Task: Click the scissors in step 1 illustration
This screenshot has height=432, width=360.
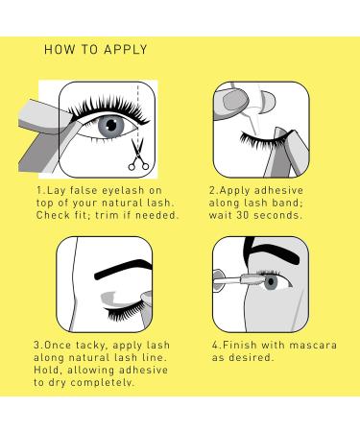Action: [x=138, y=156]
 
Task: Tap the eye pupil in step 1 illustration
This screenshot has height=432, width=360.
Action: [x=111, y=125]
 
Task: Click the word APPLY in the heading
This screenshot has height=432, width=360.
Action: [x=126, y=50]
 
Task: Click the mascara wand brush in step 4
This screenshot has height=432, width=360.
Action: [x=252, y=277]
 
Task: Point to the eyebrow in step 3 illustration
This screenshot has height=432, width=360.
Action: [x=123, y=269]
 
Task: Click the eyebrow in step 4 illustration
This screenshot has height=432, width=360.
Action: [x=272, y=252]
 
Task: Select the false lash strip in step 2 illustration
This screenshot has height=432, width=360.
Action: [x=261, y=141]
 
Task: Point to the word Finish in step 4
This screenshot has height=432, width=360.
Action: [x=240, y=345]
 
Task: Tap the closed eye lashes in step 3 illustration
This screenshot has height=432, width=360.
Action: [x=126, y=310]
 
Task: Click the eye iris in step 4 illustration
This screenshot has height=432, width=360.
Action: [x=271, y=282]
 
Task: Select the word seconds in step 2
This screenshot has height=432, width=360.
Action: [x=277, y=215]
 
